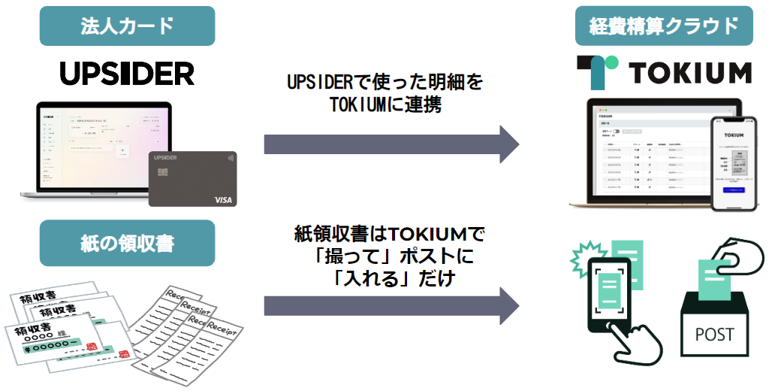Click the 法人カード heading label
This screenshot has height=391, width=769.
[x=127, y=26]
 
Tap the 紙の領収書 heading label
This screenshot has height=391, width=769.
[x=127, y=243]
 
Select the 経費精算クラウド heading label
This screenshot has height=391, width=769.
[x=663, y=26]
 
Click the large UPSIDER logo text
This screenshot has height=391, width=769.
[x=127, y=73]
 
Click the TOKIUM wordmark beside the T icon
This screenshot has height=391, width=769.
[x=690, y=73]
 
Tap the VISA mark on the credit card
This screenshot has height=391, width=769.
[x=223, y=199]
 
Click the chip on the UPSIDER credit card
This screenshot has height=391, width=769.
[x=162, y=174]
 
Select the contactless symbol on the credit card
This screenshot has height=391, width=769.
[x=228, y=159]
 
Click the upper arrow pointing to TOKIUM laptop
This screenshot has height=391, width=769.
[x=391, y=144]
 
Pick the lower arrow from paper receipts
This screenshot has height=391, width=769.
[x=391, y=308]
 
